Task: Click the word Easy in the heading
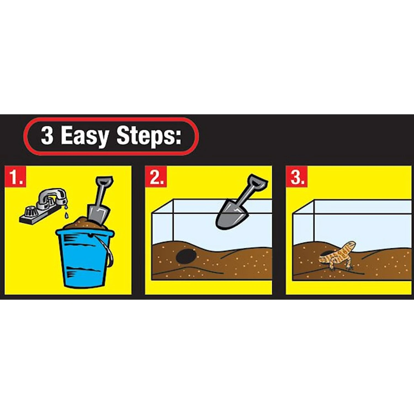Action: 85,136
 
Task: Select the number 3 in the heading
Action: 47,135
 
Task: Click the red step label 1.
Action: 15,176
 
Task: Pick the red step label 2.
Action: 156,176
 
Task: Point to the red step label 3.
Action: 297,176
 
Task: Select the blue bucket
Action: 84,258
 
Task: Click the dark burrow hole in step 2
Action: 186,256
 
